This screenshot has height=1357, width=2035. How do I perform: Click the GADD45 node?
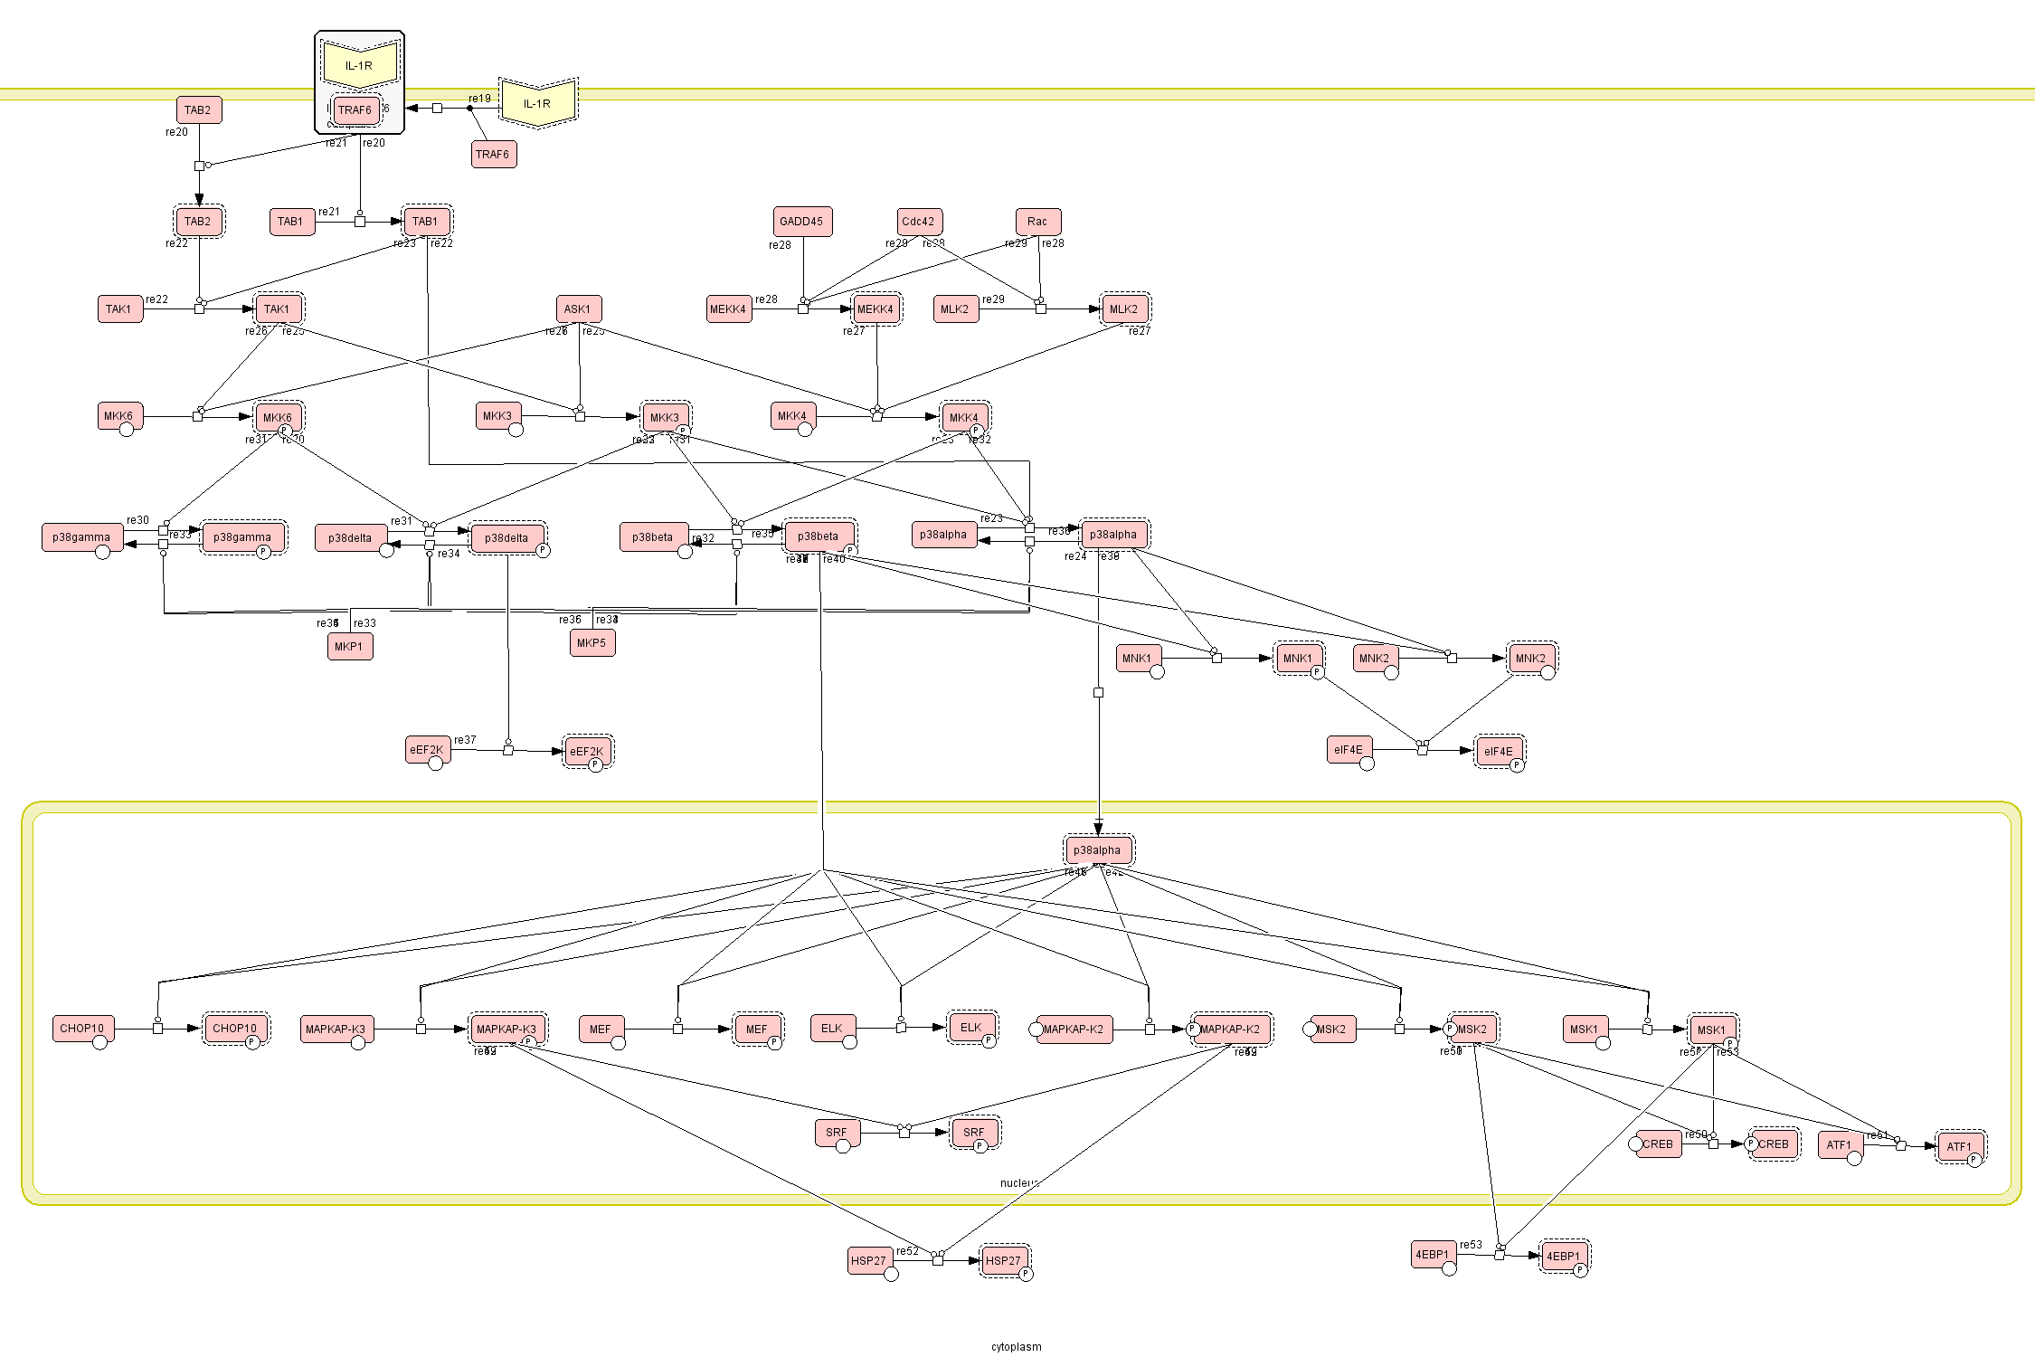802,222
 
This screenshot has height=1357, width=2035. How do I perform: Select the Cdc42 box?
920,222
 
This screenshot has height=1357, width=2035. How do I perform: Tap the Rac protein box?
1038,222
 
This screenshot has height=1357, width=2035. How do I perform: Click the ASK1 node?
579,309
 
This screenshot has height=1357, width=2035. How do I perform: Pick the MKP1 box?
350,647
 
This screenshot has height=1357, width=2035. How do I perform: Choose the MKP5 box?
592,643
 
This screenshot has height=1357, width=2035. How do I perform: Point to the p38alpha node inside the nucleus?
1098,850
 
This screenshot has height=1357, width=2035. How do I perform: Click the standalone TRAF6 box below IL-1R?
494,155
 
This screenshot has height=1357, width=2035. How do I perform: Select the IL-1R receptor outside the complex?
538,103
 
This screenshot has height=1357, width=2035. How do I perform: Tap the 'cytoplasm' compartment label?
1016,1347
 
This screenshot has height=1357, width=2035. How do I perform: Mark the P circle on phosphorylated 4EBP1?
1579,1270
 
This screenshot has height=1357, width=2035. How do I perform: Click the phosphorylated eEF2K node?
587,752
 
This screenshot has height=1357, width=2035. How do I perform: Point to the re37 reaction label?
465,740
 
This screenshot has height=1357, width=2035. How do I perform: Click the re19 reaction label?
479,99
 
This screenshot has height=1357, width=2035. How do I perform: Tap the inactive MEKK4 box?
729,309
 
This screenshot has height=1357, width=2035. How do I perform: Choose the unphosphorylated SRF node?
838,1133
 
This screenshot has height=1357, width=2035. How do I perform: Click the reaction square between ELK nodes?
901,1028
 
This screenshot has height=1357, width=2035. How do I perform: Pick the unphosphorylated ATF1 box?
1840,1145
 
